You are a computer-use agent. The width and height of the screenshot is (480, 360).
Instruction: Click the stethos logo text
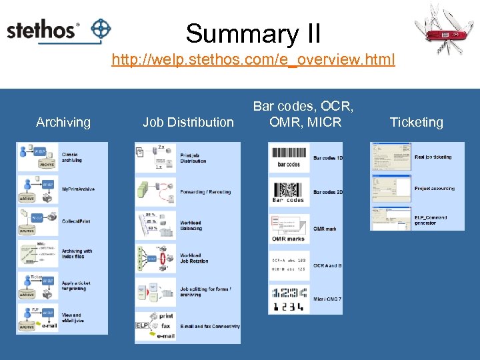42,31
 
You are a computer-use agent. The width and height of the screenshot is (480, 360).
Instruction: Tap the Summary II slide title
253,33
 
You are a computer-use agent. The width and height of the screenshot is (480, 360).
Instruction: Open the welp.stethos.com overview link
253,60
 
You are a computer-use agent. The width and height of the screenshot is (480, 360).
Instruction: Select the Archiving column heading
63,122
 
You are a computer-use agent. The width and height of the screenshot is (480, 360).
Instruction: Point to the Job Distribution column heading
188,122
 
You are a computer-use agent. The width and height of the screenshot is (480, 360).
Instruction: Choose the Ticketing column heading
416,122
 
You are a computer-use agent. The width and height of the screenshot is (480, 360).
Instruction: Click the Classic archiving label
72,157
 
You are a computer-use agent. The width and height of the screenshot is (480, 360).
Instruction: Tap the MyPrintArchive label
78,189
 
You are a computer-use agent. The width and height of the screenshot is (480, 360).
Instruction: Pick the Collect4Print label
76,221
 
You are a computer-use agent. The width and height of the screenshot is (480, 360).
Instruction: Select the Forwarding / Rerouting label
205,192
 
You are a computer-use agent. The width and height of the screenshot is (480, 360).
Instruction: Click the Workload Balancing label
191,226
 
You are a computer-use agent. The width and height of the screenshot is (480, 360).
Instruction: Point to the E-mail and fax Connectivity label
209,327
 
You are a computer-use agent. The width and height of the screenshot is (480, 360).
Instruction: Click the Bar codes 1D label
328,158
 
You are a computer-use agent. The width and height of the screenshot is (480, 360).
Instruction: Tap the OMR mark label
325,229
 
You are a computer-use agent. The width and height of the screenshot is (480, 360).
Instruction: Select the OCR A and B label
327,265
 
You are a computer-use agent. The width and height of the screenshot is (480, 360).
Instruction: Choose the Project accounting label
434,189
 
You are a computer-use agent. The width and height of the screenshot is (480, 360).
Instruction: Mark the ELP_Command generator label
431,220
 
